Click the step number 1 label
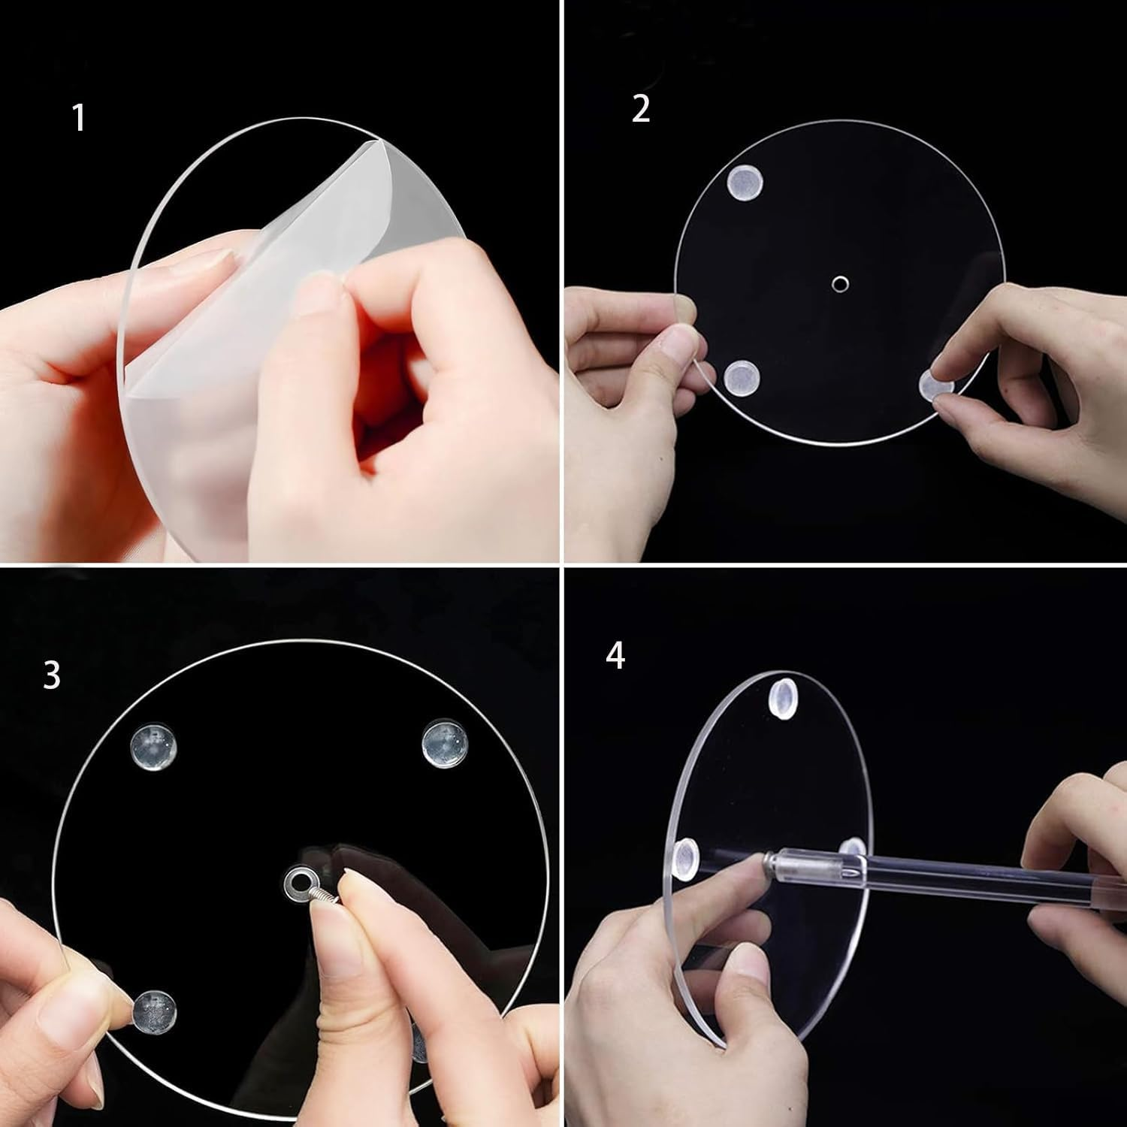(79, 118)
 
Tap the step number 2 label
(640, 109)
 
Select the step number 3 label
(51, 675)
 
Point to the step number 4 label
(615, 656)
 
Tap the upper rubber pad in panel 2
(744, 183)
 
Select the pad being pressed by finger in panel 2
(936, 385)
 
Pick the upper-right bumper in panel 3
(445, 742)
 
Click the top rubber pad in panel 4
(783, 696)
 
